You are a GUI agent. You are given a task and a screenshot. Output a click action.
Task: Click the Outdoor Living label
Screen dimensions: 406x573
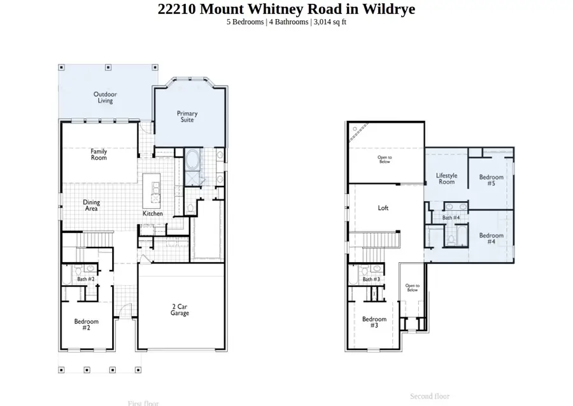coord(106,97)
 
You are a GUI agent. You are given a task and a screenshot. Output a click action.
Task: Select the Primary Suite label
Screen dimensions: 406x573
coord(187,116)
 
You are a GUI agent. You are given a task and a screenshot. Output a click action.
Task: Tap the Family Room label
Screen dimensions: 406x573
coord(99,154)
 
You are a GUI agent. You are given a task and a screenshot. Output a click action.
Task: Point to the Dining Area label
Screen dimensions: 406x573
coord(92,206)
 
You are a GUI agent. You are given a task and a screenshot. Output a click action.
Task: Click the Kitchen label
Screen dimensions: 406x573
coord(153,214)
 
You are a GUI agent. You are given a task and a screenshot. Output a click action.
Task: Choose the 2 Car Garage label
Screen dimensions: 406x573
coord(180,309)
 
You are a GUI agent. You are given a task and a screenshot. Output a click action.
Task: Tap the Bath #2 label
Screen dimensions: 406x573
coord(86,279)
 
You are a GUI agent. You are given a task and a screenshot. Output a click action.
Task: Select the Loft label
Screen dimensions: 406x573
coord(383,208)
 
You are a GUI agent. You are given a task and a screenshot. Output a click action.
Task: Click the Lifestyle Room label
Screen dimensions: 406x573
coord(446,179)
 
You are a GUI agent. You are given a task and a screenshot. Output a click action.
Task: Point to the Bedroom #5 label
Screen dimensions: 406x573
coord(491,180)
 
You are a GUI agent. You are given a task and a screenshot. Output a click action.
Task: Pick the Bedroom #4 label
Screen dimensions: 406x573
coord(491,239)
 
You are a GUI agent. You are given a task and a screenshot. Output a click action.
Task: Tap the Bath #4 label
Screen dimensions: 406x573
coord(451,218)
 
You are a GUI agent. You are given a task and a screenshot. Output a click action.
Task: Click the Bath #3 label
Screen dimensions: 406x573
coord(371,279)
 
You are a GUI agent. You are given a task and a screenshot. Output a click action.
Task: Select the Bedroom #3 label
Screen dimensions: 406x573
coord(374,322)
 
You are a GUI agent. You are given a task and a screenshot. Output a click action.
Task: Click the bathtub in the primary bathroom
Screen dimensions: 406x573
coord(192,159)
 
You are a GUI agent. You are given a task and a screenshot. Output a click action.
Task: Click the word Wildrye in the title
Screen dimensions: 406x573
coord(386,9)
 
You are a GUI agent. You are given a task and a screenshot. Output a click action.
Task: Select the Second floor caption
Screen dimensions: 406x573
coord(430,396)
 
